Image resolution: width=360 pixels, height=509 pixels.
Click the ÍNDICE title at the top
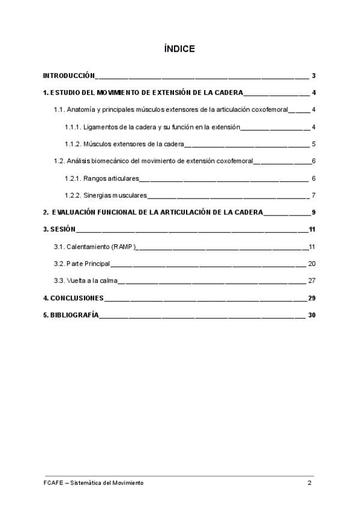point(179,49)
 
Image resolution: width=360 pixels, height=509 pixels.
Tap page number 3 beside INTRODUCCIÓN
point(314,76)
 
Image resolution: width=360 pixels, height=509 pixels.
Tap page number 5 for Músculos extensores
point(314,144)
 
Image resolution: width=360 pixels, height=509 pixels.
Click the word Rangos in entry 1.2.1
point(95,178)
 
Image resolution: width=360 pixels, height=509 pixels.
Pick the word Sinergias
point(98,196)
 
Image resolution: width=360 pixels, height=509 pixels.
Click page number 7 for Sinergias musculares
point(314,196)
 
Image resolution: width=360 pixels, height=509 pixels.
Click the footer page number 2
point(310,483)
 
